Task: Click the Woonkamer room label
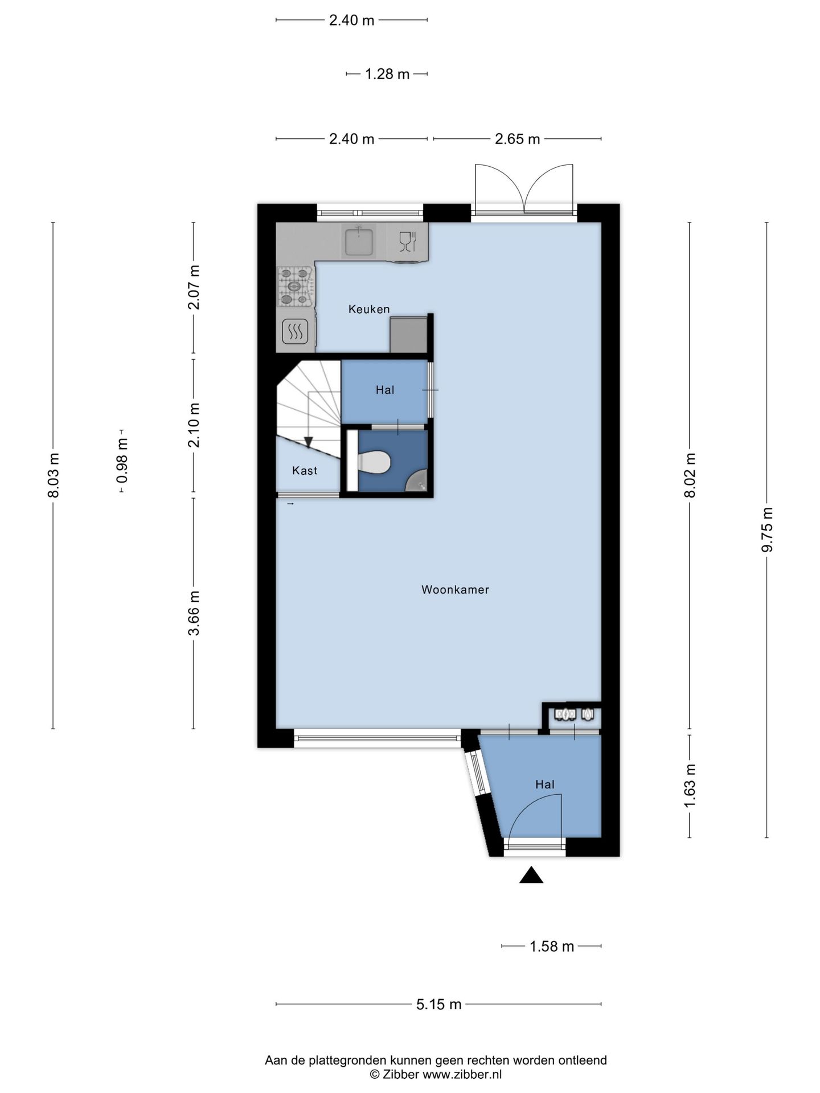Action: pos(455,590)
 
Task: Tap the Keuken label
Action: pos(369,309)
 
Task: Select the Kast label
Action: pos(305,470)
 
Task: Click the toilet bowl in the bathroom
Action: pos(374,462)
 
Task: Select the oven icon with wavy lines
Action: pos(296,332)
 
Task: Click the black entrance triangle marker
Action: pos(531,875)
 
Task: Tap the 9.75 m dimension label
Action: pos(767,529)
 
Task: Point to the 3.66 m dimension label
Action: pos(194,613)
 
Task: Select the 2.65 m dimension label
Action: pos(517,139)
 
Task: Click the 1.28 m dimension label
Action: pos(387,74)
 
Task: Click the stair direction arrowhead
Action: pos(308,442)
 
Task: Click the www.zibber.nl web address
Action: pos(462,1074)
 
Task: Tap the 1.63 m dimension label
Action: pos(690,786)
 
